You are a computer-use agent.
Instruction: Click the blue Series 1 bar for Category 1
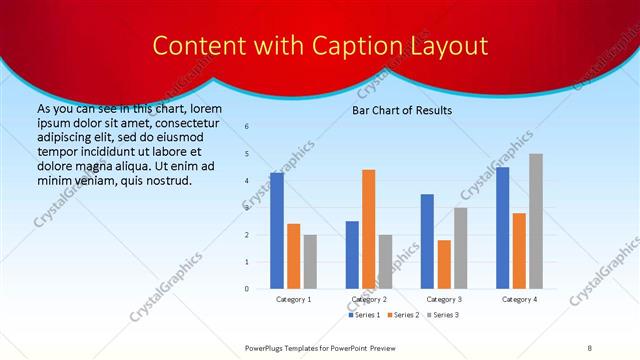[277, 231]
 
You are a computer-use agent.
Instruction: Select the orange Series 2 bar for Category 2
[368, 229]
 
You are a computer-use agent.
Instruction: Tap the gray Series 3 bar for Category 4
[536, 221]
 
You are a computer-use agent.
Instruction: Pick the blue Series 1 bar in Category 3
[427, 241]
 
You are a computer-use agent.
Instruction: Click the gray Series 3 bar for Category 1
[310, 261]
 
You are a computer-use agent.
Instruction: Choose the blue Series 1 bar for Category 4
[502, 228]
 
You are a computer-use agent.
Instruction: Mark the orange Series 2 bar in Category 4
[519, 251]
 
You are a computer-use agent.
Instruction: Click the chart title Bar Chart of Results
[402, 110]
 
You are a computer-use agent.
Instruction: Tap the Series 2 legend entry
[402, 315]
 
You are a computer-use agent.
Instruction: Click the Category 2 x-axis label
[368, 299]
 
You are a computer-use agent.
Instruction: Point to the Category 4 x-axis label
[519, 299]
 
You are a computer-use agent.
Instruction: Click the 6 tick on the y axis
[247, 127]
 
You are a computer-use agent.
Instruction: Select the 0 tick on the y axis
[247, 289]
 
